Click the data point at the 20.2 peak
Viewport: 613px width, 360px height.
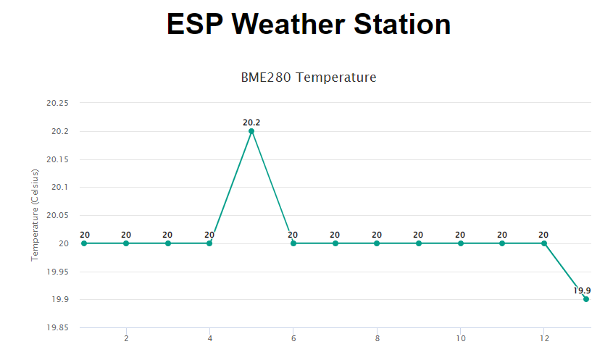coord(251,131)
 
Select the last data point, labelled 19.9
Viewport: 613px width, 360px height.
coord(585,299)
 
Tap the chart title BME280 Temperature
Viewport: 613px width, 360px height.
coord(309,77)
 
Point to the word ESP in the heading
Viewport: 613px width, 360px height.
coord(195,25)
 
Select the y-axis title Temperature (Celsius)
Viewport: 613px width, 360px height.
coord(34,214)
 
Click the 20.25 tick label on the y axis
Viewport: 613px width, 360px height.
coord(57,103)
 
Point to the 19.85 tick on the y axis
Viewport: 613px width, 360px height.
coord(57,327)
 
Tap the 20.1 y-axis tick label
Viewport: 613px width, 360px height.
coord(60,187)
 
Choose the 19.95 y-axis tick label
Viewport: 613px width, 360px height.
coord(57,272)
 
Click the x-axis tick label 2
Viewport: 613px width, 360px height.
coord(126,338)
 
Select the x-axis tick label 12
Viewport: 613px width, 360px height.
coord(543,338)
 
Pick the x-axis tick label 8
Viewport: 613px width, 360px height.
coord(377,338)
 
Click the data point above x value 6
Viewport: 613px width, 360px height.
coord(293,243)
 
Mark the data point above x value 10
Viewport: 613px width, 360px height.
coord(460,243)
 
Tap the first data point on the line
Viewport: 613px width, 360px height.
coord(84,243)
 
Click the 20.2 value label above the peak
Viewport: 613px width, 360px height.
coord(251,122)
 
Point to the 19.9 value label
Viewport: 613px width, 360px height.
coord(582,290)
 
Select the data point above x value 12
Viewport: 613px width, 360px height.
coord(543,243)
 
